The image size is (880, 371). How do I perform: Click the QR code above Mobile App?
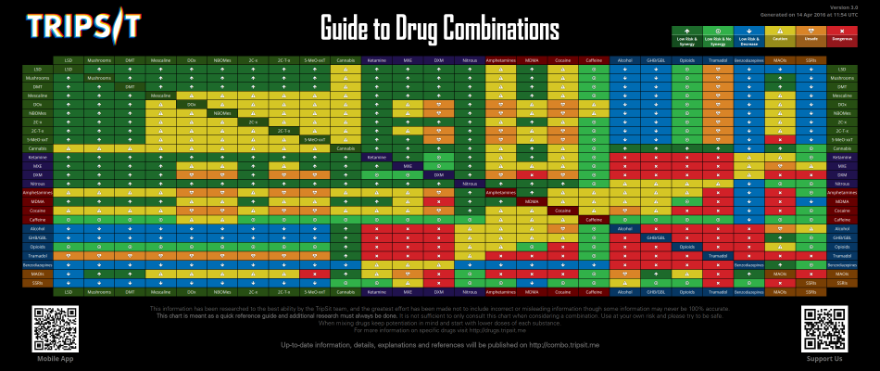point(53,326)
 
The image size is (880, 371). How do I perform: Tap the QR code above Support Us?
point(824,326)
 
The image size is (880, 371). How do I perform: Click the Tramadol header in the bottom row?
point(717,291)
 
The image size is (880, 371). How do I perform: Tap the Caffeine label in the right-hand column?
point(841,220)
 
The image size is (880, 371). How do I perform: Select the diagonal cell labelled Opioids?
point(685,247)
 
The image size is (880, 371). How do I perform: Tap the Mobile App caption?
point(53,359)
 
